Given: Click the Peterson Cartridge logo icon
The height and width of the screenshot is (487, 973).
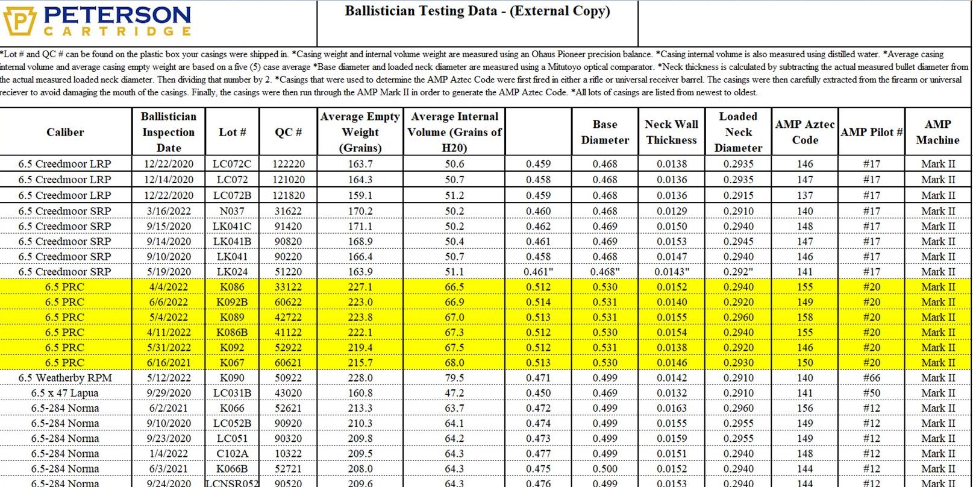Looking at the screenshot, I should (19, 20).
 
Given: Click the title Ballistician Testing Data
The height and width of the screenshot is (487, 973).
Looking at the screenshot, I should (477, 11).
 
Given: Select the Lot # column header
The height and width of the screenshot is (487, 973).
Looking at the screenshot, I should (232, 132).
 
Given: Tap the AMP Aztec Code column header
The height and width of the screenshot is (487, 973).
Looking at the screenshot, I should (804, 132).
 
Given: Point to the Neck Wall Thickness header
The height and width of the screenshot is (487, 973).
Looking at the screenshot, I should (671, 132).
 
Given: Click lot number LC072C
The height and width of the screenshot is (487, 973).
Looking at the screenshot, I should (232, 164).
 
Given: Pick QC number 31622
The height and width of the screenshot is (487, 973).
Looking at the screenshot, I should (288, 211).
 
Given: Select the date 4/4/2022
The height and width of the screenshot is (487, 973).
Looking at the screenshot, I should (168, 287).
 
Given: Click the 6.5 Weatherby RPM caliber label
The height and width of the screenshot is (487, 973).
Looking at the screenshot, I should (65, 378).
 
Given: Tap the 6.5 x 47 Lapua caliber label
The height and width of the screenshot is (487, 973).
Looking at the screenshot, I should (65, 393).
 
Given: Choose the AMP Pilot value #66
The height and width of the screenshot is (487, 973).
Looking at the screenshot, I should (871, 378).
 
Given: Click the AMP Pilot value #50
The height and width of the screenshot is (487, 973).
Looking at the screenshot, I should (871, 393).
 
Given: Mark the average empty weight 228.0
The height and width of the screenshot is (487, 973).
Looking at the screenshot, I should (360, 378).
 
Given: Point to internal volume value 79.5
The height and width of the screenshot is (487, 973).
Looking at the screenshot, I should (454, 378).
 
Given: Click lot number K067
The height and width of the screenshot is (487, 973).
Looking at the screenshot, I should (232, 363).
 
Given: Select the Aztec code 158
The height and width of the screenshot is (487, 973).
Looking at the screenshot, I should (804, 317).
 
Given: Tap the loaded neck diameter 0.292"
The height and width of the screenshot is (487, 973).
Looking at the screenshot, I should (738, 272).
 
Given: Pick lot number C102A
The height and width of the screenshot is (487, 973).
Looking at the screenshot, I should (232, 454).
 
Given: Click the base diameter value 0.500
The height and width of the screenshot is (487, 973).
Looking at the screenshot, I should (604, 469).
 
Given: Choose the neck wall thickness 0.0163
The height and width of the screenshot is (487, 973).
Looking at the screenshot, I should (671, 408).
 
